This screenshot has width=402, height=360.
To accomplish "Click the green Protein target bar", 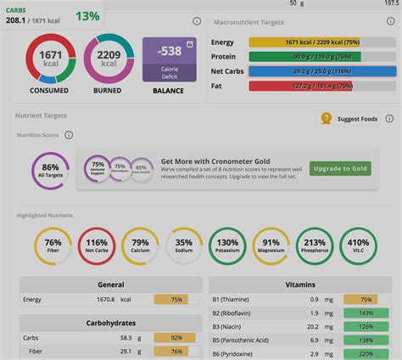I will [304, 57].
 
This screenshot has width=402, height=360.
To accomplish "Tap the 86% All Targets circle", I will [51, 171].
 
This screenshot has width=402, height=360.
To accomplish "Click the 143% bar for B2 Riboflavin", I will [366, 312].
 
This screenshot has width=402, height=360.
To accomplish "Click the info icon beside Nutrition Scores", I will [69, 135].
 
